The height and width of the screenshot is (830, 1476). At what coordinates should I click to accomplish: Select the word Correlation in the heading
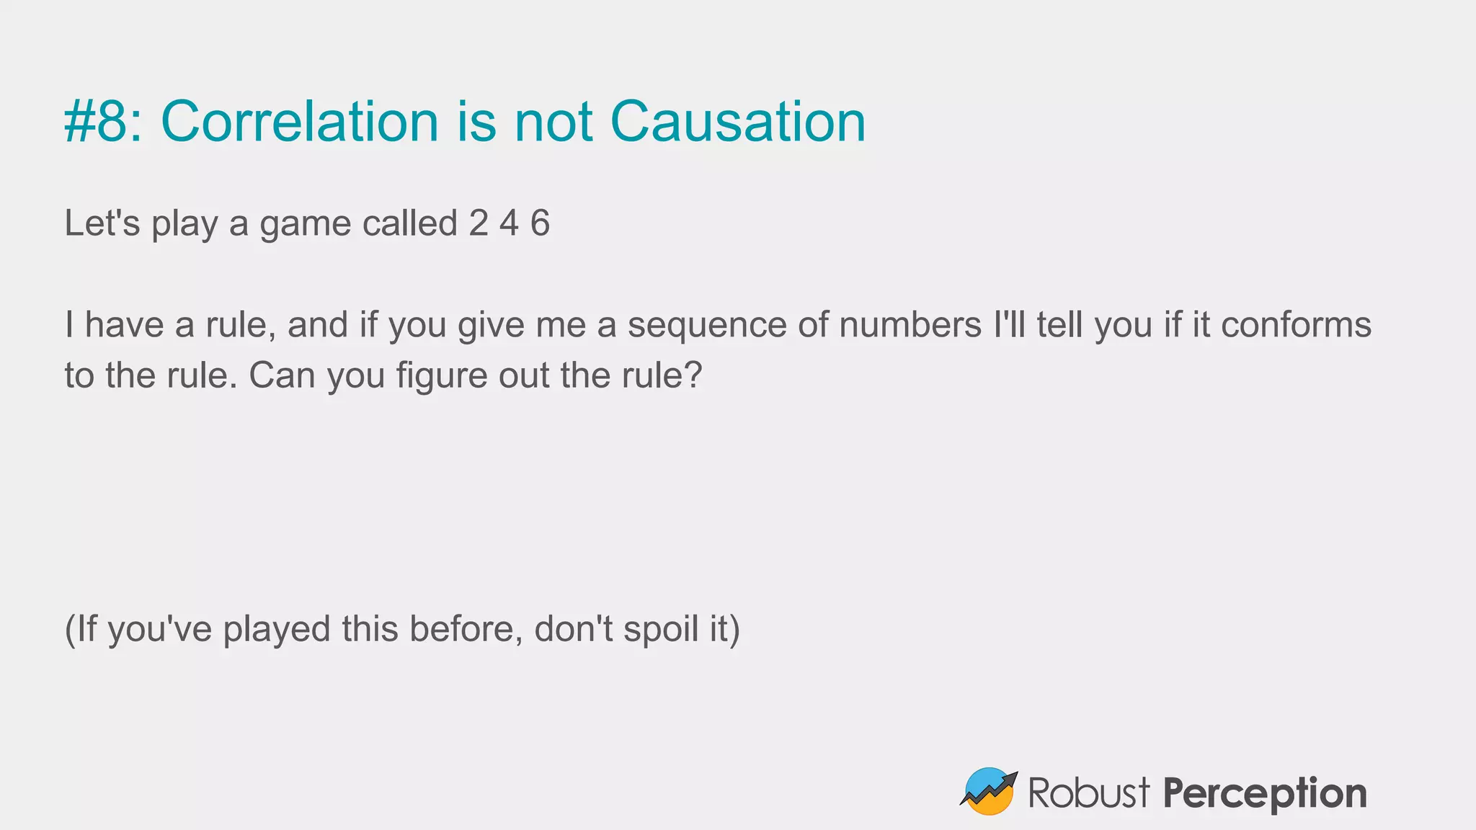[299, 121]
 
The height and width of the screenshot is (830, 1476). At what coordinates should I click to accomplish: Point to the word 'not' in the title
[553, 121]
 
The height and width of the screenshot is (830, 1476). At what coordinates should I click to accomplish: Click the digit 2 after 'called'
[479, 223]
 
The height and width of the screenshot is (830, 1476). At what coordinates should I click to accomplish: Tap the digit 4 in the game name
[509, 223]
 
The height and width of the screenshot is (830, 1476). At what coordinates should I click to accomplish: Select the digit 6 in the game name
[540, 223]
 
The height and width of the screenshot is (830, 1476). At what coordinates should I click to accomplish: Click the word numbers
[910, 325]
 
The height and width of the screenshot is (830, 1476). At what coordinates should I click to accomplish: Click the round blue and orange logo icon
[989, 791]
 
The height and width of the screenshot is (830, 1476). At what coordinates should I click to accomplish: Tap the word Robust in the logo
[1088, 793]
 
